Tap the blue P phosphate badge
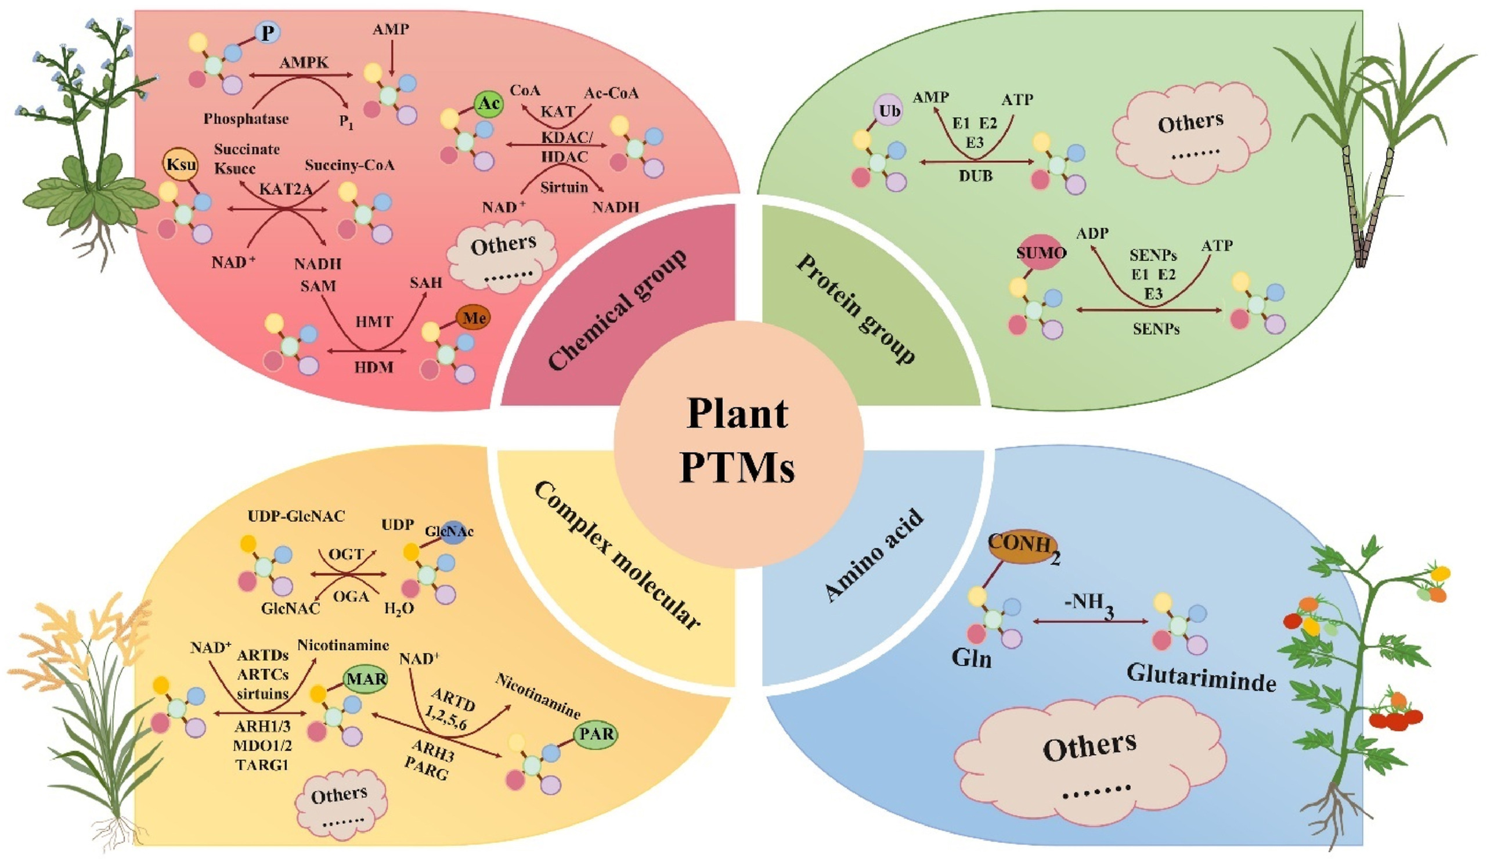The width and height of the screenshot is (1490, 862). [x=268, y=33]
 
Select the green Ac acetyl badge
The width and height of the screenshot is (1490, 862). [x=489, y=104]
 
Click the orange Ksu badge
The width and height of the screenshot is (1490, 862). [x=181, y=164]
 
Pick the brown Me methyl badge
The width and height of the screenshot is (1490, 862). [x=474, y=318]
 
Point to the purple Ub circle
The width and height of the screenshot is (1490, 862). [x=889, y=111]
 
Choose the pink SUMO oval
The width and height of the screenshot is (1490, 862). [x=1041, y=254]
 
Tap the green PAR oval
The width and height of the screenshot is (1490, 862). [x=596, y=734]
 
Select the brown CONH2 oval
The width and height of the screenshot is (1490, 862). [x=1023, y=544]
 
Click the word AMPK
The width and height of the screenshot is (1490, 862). [x=304, y=62]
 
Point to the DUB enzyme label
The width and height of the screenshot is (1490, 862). [x=976, y=175]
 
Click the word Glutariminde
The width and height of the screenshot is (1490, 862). [x=1201, y=677]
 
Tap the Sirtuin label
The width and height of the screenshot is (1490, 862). [x=564, y=187]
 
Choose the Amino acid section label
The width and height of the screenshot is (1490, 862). [x=874, y=555]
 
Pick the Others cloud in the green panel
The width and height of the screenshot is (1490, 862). [x=1190, y=131]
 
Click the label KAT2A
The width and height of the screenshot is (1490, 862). [x=286, y=189]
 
